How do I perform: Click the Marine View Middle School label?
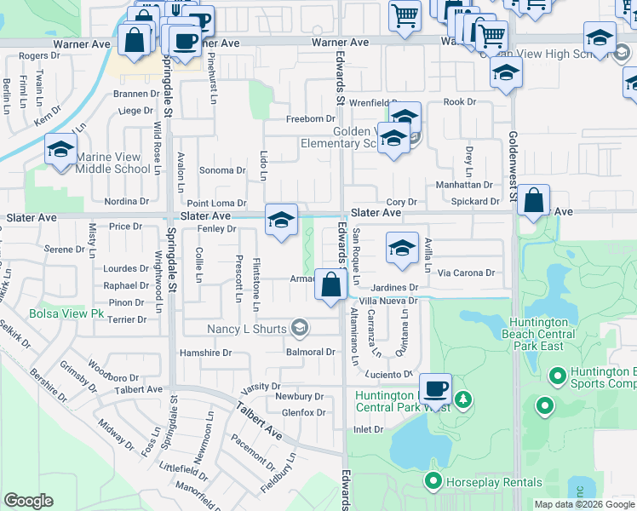pos(113,163)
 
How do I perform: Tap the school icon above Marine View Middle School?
pos(61,150)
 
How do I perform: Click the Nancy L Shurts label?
pos(248,328)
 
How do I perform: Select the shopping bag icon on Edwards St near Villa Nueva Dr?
pos(330,284)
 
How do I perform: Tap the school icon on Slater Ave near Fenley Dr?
pos(281,220)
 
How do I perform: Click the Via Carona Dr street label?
pos(466,273)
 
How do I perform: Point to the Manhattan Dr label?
pos(464,185)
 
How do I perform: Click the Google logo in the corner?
pos(28,501)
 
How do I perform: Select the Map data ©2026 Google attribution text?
pos(583,504)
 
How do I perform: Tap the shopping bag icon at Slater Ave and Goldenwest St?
pos(533,201)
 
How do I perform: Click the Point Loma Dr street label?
pos(216,204)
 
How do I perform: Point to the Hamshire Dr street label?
pos(205,353)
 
